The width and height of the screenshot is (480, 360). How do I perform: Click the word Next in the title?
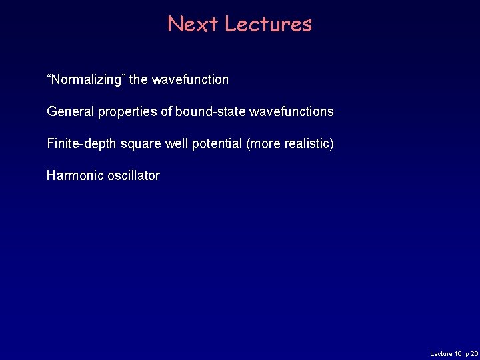pos(193,24)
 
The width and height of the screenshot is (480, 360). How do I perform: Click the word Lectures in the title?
pos(268,24)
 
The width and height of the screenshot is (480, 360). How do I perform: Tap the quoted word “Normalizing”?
pos(86,80)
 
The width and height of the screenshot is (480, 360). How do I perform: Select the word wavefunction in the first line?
pos(190,80)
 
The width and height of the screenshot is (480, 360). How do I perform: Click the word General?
pos(71,112)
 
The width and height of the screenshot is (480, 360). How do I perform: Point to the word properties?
pos(127,112)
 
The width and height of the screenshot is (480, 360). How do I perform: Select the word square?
pos(141,144)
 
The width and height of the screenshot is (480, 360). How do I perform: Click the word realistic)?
pos(309,144)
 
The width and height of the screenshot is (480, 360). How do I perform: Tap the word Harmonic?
pos(75,176)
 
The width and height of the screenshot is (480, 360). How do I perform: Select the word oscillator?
pos(133,176)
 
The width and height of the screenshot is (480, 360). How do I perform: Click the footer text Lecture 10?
pos(447,353)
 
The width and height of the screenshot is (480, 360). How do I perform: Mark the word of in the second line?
pos(166,112)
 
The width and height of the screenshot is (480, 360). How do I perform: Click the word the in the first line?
pos(139,80)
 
